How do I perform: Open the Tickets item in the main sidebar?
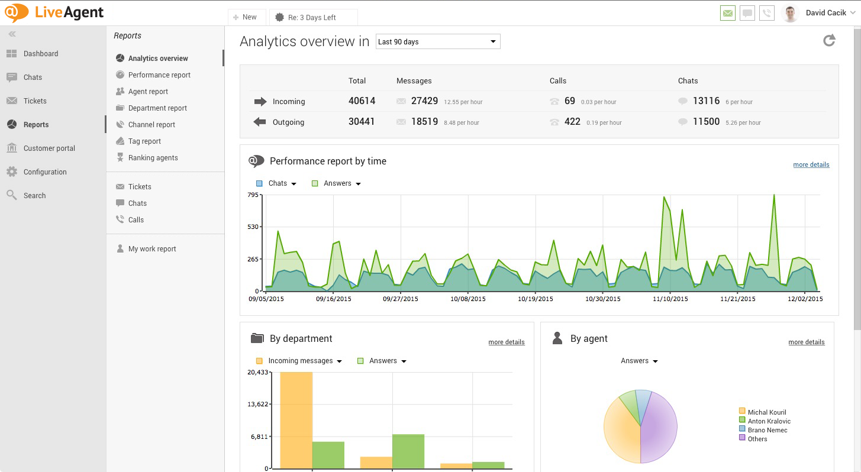click(x=35, y=101)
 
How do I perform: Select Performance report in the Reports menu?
click(x=159, y=75)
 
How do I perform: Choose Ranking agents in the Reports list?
click(x=153, y=158)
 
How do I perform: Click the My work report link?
click(x=152, y=249)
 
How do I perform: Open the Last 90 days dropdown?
click(x=438, y=42)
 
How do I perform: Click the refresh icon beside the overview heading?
click(x=829, y=40)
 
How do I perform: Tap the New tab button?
click(x=245, y=17)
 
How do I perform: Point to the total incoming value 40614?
click(x=362, y=101)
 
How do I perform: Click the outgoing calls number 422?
click(x=572, y=122)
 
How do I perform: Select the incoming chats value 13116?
click(x=706, y=101)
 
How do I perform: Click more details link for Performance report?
click(x=811, y=165)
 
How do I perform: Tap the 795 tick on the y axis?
click(x=253, y=195)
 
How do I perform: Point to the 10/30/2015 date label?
click(x=603, y=299)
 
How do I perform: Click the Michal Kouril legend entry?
click(x=766, y=412)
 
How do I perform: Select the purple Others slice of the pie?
click(x=659, y=429)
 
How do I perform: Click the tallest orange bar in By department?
click(x=296, y=420)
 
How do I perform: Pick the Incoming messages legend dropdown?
click(x=304, y=361)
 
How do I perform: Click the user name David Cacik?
click(x=825, y=13)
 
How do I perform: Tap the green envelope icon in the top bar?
click(x=728, y=13)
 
